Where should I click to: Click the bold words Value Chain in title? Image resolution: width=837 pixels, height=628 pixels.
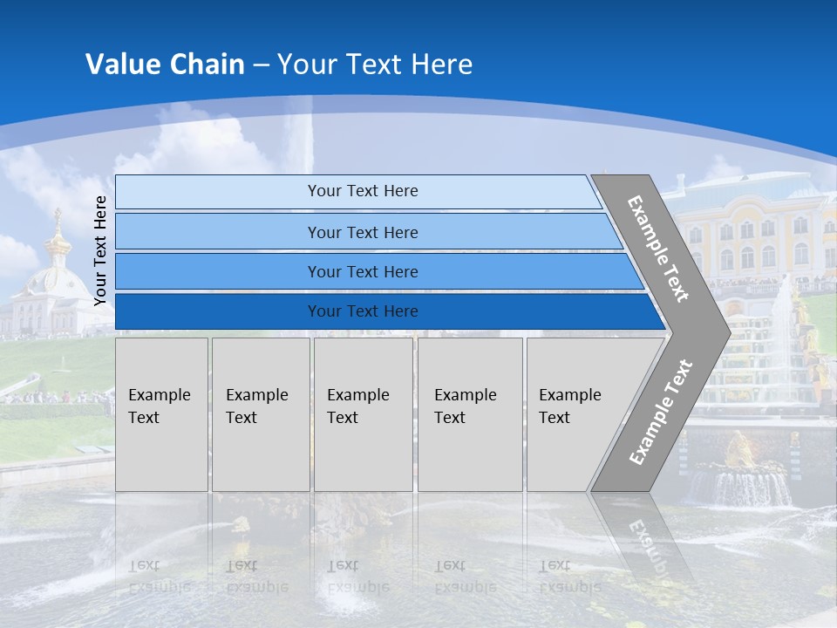[x=165, y=65]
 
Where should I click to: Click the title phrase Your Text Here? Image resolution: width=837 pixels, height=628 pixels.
[x=375, y=65]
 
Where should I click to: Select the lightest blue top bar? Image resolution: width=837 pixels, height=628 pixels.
[x=362, y=191]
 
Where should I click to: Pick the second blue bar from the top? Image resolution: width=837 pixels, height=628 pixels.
[x=362, y=232]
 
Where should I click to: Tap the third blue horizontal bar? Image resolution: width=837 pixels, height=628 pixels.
[x=362, y=271]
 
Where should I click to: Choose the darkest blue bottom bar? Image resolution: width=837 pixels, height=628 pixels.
[x=362, y=311]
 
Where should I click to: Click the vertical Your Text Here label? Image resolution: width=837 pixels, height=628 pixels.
[x=100, y=250]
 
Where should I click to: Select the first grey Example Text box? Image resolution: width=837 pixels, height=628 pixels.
[x=161, y=414]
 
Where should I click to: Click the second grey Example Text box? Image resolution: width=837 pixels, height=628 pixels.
[x=260, y=414]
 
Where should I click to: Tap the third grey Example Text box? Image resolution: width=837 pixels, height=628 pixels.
[x=363, y=414]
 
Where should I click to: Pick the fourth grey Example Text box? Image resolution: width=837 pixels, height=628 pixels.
[x=470, y=414]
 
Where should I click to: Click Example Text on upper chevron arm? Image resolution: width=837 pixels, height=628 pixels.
[x=658, y=249]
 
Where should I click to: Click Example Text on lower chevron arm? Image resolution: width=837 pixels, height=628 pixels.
[x=660, y=412]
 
